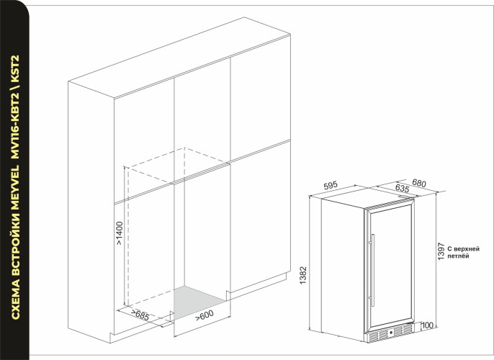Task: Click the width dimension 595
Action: [331, 186]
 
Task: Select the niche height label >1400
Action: [119, 233]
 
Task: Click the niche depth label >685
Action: [140, 314]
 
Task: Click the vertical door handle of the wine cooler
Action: [373, 267]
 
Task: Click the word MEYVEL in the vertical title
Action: [15, 177]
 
